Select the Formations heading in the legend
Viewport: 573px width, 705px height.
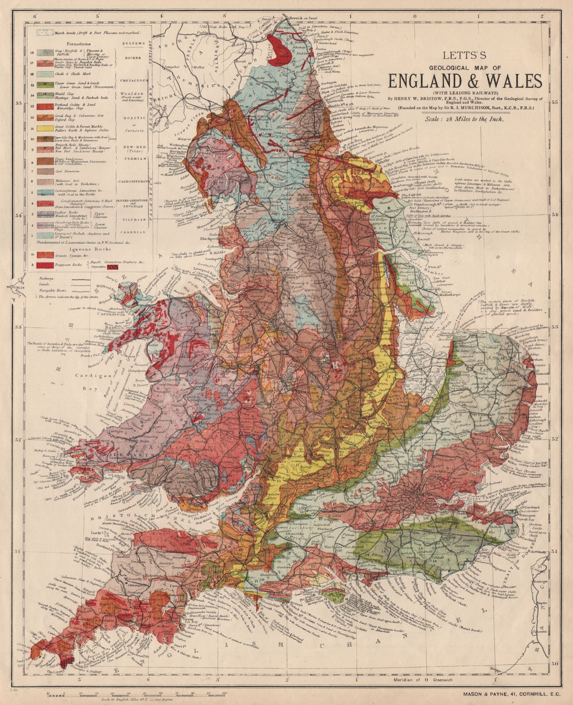(79, 44)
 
